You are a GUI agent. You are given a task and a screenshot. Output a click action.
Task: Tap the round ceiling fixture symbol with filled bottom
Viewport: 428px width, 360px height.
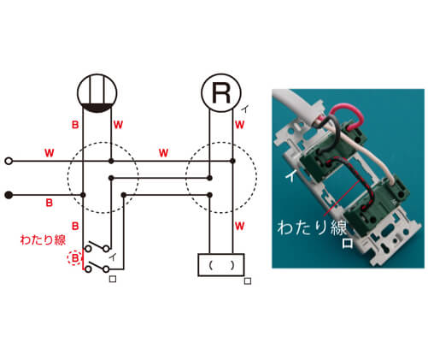[97, 93]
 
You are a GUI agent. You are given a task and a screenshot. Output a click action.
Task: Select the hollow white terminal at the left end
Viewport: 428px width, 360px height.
[9, 161]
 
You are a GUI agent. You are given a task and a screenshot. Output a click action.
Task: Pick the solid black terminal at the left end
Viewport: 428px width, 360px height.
[9, 195]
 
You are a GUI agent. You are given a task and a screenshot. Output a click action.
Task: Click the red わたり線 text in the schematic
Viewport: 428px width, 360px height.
[43, 239]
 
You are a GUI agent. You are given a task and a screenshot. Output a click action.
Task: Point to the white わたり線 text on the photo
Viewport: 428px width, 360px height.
[313, 227]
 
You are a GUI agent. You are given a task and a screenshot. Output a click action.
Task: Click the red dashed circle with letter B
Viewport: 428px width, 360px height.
[75, 258]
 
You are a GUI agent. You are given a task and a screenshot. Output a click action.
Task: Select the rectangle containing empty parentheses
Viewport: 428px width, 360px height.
[221, 265]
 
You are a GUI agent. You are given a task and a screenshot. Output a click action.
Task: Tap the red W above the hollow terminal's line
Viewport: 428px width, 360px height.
[50, 153]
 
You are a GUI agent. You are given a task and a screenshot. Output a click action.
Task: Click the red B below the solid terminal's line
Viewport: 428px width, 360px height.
[50, 203]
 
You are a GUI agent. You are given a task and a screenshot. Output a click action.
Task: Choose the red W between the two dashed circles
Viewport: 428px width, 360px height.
[163, 153]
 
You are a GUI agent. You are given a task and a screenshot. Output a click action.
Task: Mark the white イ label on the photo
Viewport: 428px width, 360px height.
[290, 176]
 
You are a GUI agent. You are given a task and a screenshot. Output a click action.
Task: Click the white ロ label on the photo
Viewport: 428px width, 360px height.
[348, 243]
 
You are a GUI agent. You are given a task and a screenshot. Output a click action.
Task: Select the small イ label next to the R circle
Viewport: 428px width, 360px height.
[245, 109]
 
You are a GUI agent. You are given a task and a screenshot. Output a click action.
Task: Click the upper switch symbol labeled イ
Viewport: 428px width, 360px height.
[97, 246]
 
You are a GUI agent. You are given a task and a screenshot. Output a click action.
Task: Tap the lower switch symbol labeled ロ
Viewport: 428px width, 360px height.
[97, 267]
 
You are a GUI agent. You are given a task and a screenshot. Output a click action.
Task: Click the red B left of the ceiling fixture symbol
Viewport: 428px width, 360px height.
[75, 125]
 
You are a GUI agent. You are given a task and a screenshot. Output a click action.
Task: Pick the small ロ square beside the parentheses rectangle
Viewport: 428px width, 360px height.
[248, 281]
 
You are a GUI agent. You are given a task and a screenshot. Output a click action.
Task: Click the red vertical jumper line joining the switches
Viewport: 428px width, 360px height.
[83, 259]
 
